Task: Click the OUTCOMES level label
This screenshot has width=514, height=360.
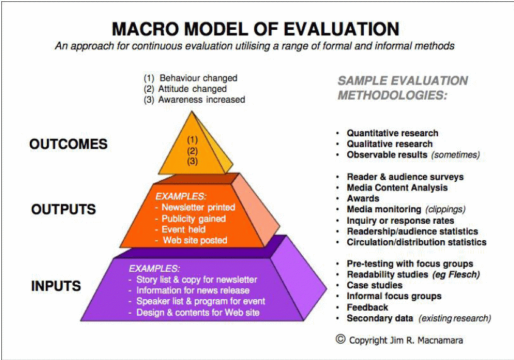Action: pyautogui.click(x=68, y=144)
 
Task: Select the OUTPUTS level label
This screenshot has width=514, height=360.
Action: pyautogui.click(x=63, y=210)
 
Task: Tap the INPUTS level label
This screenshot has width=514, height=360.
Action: pyautogui.click(x=57, y=285)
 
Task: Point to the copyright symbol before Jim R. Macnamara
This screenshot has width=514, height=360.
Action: pyautogui.click(x=340, y=339)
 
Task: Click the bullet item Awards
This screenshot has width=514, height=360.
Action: pyautogui.click(x=363, y=198)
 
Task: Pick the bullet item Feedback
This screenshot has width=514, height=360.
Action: pyautogui.click(x=367, y=307)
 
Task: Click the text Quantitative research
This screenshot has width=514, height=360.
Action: pyautogui.click(x=392, y=133)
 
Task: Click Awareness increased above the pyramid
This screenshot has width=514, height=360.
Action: pyautogui.click(x=201, y=99)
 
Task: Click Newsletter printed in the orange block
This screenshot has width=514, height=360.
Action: pyautogui.click(x=198, y=207)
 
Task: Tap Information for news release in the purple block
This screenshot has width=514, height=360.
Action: pyautogui.click(x=193, y=291)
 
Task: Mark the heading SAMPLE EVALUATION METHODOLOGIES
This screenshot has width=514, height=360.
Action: pyautogui.click(x=402, y=88)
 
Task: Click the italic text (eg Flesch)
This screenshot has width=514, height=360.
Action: pyautogui.click(x=456, y=274)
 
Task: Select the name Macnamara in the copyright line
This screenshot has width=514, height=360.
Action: pyautogui.click(x=441, y=340)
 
